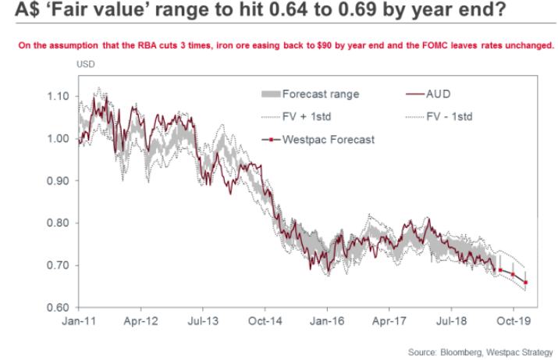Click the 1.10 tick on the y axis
click(59, 97)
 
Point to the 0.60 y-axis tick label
click(59, 307)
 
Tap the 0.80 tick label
click(59, 223)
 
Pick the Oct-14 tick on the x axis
click(265, 321)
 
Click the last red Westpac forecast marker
click(525, 283)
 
